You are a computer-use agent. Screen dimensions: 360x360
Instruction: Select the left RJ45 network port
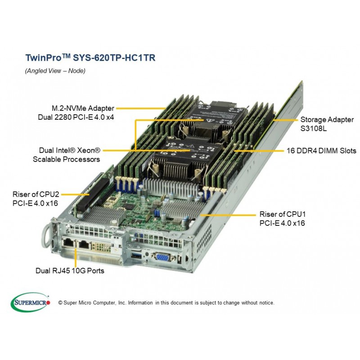pos(68,242)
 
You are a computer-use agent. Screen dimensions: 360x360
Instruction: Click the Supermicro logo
pos(30,302)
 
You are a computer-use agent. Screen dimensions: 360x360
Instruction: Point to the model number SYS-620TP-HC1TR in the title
pos(114,58)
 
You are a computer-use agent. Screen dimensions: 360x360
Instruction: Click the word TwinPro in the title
pos(43,58)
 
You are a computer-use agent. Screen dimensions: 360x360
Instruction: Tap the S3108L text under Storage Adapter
pos(313,128)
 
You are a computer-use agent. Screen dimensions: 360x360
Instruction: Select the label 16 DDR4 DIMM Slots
pos(321,151)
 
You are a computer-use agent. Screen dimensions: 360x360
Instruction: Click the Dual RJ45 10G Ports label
pos(70,271)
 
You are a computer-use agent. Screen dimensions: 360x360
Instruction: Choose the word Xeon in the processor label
pos(89,150)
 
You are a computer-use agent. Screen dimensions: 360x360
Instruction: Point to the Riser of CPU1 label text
pos(283,214)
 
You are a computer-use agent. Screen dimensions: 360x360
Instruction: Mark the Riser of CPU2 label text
pos(36,194)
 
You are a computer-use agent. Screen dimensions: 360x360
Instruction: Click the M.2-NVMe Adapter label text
pos(83,108)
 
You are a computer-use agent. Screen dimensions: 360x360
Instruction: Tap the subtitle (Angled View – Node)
pos(55,71)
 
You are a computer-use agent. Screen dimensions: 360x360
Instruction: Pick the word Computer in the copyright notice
pos(103,303)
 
